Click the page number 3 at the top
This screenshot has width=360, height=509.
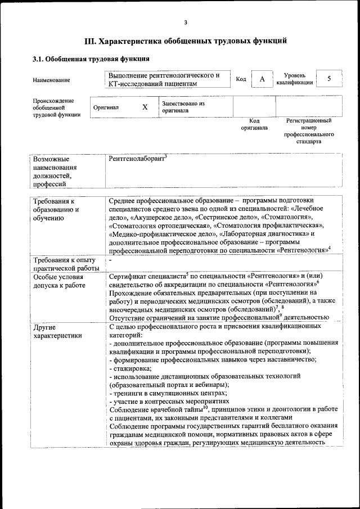tap(184, 22)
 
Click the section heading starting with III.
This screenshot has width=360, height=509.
tap(186, 41)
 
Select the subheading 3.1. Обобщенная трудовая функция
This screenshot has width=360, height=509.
tap(91, 58)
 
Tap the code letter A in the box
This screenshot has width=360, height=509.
tap(262, 79)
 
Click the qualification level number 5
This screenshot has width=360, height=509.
tap(329, 79)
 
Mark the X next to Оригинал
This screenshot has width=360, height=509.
tap(145, 107)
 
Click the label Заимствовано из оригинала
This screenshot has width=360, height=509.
tap(183, 107)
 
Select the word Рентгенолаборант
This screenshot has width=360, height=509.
tap(138, 159)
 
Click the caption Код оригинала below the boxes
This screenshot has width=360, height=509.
tap(254, 124)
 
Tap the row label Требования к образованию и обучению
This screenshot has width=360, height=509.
tap(56, 209)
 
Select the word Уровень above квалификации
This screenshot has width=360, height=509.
tap(295, 75)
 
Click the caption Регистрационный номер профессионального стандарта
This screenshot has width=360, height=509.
tap(309, 131)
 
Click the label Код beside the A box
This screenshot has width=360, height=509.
tap(241, 79)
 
